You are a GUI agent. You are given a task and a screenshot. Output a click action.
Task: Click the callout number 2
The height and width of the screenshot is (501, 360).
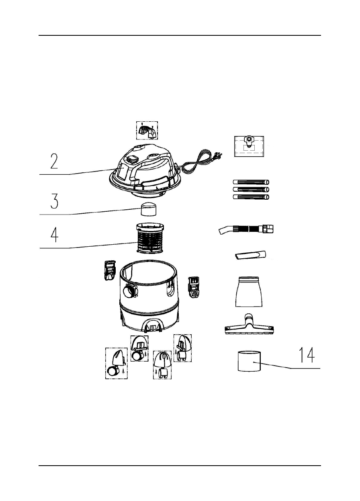point(54,161)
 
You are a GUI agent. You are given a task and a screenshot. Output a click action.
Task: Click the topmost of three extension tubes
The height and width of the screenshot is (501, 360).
point(251,182)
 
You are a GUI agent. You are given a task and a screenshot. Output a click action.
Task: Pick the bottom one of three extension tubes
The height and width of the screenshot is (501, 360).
point(251,197)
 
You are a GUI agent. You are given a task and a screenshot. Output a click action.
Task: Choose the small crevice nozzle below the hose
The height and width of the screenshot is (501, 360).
point(250,256)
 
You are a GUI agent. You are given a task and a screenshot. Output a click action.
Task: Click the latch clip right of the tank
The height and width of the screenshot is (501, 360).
point(194,288)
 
